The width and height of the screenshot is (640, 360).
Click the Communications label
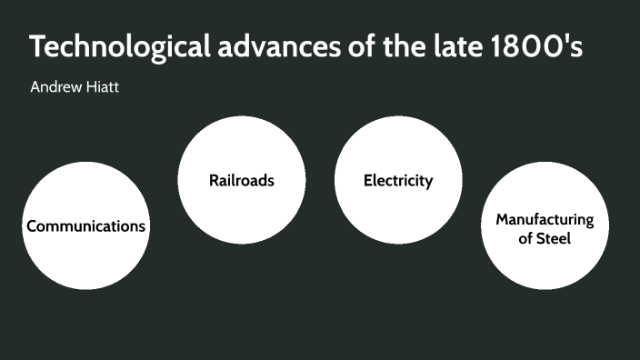pos(85,226)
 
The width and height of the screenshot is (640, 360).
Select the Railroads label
pos(242,180)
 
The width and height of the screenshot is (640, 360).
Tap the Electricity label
pos(398,180)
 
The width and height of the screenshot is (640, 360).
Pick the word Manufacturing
pos(545,220)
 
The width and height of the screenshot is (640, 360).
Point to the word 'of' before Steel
pos(525,239)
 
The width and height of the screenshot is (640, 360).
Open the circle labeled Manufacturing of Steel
pos(545,264)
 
